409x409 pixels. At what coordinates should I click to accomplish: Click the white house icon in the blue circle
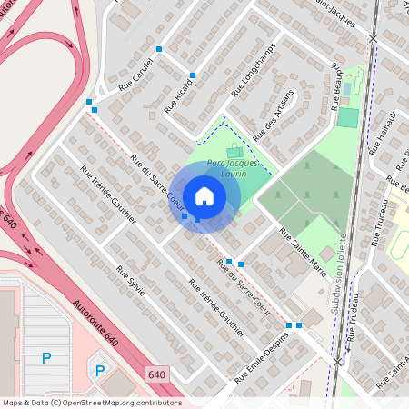204,196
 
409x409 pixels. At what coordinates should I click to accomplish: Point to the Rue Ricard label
178,94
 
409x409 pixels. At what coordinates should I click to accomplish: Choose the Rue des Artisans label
274,115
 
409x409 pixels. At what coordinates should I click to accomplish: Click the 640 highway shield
157,374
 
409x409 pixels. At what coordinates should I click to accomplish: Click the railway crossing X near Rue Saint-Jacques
374,38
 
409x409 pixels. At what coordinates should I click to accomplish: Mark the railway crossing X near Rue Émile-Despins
338,362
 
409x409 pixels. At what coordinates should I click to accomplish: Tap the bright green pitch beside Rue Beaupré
348,117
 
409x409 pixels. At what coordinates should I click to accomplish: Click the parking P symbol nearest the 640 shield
101,370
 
